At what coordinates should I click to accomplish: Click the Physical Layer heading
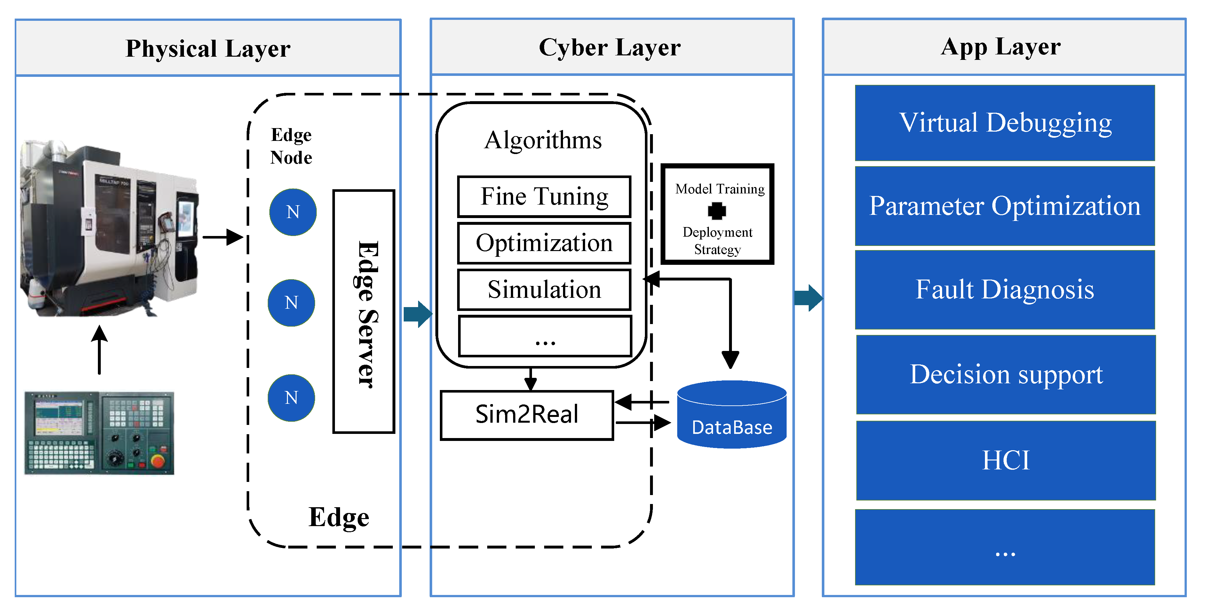click(x=208, y=48)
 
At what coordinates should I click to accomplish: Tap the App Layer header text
click(x=1001, y=46)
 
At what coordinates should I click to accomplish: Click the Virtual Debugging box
click(x=1005, y=123)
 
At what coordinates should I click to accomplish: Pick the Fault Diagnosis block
click(x=1005, y=289)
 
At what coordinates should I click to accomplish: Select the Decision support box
click(x=1006, y=374)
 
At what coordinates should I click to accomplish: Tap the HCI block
click(x=1006, y=460)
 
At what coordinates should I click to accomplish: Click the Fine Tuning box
click(x=544, y=196)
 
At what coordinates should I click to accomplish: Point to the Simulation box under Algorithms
click(x=544, y=289)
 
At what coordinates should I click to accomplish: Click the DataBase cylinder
click(x=731, y=415)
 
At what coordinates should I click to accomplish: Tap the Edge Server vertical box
click(x=364, y=312)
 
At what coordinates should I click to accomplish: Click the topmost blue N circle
click(x=293, y=212)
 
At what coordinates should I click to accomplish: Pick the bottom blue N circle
click(x=291, y=398)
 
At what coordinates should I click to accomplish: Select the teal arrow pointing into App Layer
click(x=808, y=298)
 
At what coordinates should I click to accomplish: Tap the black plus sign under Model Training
click(x=717, y=211)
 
